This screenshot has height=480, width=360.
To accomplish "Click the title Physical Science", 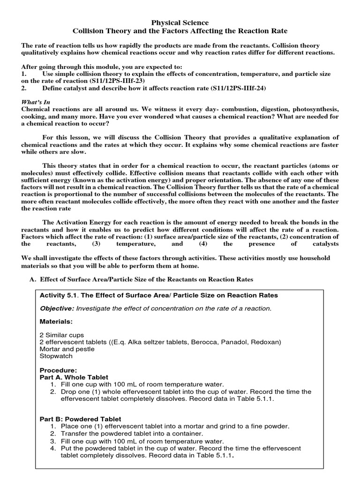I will pos(180,22).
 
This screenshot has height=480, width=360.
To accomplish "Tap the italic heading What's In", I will pos(36,102).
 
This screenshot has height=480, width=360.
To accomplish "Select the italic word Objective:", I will pos(57,308).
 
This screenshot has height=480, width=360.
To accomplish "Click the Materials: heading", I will pos(56,322).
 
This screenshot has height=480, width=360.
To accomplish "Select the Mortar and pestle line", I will pos(67,349).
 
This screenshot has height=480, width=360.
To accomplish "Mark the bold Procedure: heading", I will pos(59,370).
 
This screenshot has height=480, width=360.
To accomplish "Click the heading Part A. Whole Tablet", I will pos(74,377).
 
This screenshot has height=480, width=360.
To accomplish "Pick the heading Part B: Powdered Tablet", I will pos(80,419).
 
